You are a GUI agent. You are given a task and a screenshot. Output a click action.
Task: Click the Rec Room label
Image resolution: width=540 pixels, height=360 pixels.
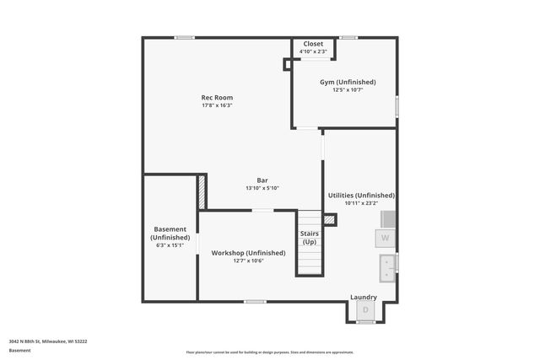click(x=217, y=97)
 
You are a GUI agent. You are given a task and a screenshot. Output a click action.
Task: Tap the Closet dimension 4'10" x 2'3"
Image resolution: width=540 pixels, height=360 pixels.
click(x=313, y=51)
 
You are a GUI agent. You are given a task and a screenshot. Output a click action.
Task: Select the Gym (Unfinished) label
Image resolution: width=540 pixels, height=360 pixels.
click(x=348, y=82)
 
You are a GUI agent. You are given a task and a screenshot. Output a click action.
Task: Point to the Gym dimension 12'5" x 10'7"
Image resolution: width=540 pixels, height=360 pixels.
click(x=348, y=90)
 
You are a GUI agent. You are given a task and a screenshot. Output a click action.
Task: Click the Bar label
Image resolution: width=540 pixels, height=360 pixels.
click(x=262, y=180)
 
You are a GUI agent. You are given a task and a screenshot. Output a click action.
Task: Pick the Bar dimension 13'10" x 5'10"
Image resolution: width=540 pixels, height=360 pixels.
click(x=262, y=188)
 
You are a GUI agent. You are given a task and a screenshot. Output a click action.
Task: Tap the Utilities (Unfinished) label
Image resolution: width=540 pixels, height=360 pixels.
click(x=358, y=195)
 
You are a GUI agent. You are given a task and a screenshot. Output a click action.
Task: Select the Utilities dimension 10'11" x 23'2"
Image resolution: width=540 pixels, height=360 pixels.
click(x=358, y=203)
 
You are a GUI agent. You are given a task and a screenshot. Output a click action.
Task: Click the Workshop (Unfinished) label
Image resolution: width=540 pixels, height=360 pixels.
click(x=248, y=253)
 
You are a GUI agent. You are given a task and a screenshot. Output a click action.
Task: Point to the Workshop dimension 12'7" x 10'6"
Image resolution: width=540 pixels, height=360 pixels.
click(x=248, y=261)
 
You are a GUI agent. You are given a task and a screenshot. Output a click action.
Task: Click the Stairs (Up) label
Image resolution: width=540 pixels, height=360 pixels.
click(x=309, y=239)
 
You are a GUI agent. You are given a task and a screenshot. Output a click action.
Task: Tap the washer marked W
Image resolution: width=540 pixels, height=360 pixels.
click(x=385, y=239)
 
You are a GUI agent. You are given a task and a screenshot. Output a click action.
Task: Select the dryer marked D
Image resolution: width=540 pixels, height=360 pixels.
click(x=365, y=310)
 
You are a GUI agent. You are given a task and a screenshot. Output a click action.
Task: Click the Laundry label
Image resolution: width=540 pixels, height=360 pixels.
click(x=364, y=297)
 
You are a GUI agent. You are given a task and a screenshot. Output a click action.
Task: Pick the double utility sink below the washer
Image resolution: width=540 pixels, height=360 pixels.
click(x=386, y=269)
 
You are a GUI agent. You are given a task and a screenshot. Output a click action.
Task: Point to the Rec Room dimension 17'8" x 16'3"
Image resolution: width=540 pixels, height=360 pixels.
click(x=217, y=105)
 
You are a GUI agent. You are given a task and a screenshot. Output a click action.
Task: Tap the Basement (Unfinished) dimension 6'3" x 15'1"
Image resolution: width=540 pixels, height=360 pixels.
click(x=170, y=246)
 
